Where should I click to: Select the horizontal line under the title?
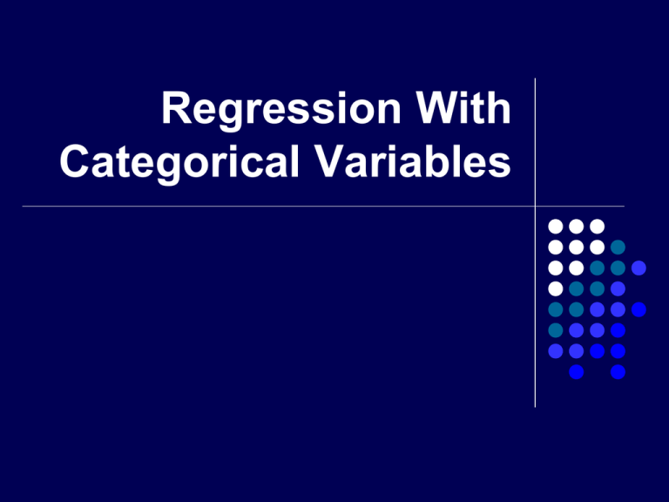[261, 207]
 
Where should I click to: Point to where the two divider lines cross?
[534, 207]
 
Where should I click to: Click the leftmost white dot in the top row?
[555, 227]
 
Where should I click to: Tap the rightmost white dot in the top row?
[597, 227]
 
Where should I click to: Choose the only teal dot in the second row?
[618, 248]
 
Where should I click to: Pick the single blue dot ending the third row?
[639, 268]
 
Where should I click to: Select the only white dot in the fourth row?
[555, 288]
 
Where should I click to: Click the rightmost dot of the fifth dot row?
[639, 309]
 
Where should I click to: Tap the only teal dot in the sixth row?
[555, 330]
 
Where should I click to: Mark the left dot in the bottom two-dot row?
[576, 372]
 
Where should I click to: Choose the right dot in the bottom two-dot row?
[618, 372]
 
